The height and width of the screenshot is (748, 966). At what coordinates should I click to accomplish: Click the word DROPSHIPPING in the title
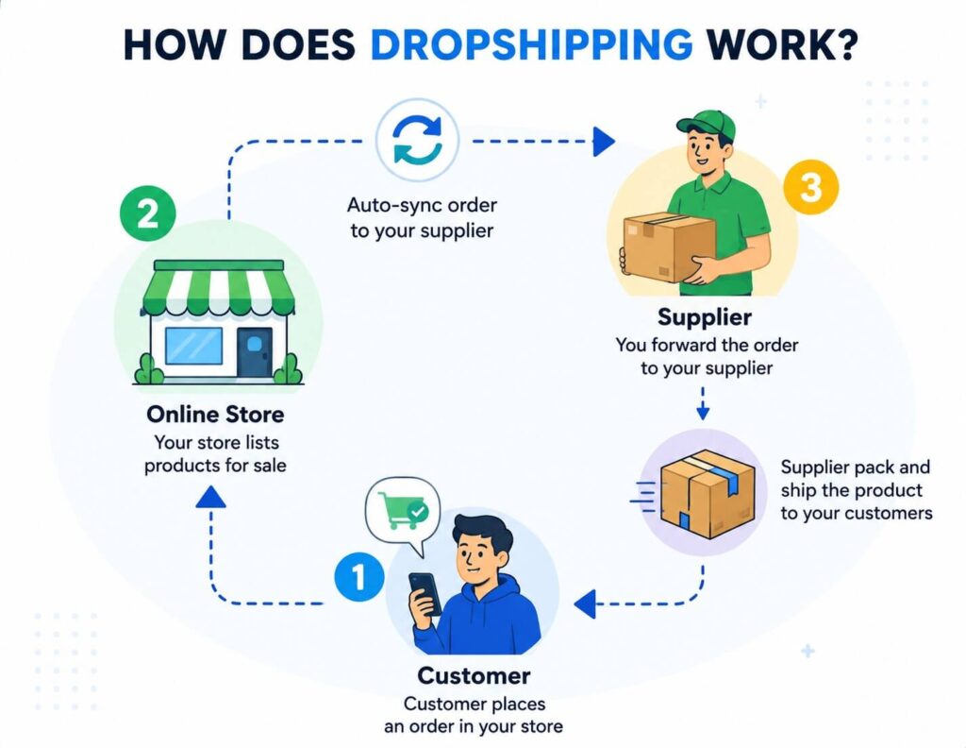531,44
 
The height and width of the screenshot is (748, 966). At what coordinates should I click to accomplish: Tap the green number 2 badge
148,213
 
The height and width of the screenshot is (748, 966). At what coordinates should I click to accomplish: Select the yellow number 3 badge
810,186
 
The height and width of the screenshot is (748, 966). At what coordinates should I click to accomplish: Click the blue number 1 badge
359,576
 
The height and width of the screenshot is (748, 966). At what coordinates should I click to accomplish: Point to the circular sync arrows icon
418,140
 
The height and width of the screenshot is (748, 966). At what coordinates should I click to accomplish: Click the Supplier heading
704,317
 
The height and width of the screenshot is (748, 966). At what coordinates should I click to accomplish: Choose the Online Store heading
215,414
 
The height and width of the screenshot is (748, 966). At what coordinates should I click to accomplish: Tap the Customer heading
474,675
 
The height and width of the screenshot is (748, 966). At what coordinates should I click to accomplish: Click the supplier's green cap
707,125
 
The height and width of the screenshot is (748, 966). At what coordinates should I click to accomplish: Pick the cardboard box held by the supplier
669,246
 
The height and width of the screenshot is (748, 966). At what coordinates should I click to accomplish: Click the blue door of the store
255,351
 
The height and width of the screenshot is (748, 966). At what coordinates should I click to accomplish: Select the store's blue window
193,346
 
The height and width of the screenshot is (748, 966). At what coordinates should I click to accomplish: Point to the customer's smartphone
425,593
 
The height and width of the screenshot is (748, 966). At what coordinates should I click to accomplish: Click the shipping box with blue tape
708,494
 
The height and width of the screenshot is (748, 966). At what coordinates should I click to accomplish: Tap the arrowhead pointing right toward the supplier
604,142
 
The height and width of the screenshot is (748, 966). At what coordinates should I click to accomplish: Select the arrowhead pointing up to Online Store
210,497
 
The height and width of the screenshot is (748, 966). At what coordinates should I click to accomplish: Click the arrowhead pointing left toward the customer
585,603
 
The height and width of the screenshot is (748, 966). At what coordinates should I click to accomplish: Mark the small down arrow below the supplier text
703,403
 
